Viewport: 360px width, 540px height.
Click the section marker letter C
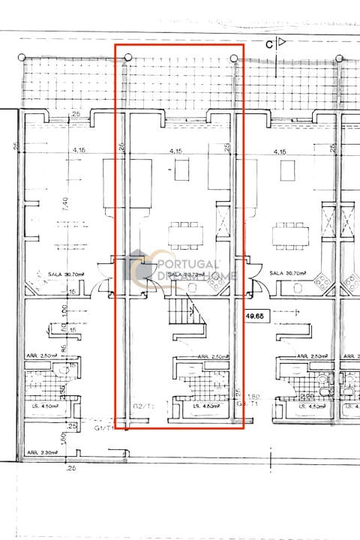pos(268,43)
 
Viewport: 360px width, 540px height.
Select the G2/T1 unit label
pos(143,406)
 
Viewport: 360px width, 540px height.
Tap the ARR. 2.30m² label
pos(43,452)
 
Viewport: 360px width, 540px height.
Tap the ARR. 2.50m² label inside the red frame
pos(212,357)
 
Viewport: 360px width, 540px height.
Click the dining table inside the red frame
pos(184,235)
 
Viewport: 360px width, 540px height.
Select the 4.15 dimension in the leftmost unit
pos(79,151)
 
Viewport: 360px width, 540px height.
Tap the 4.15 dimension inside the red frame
pos(176,151)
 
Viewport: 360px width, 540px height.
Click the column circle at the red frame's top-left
pos(128,57)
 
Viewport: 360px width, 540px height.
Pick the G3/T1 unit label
pos(247,403)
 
